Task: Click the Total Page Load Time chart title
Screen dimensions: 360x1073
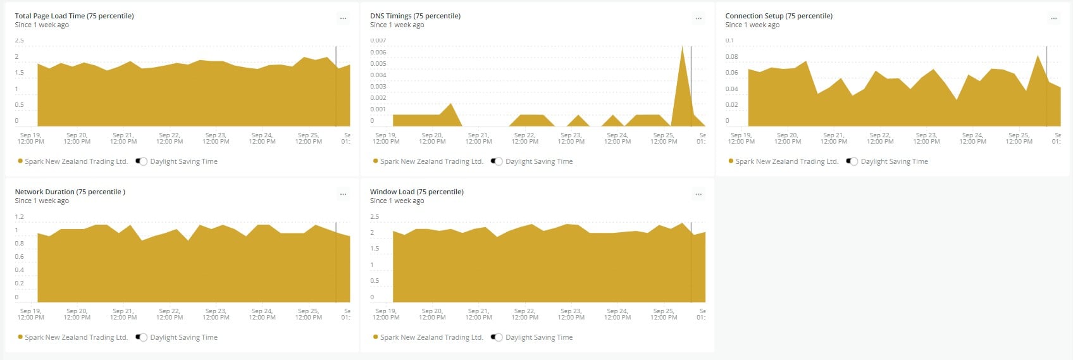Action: (74, 16)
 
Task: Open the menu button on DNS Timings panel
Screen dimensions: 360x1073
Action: (698, 18)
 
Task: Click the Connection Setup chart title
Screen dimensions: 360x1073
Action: (778, 16)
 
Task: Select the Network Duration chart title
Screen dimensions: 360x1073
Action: (70, 192)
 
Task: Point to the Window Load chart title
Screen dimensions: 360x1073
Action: (416, 192)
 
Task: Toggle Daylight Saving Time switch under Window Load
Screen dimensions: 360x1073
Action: (497, 337)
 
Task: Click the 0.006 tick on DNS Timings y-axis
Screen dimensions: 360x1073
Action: (378, 53)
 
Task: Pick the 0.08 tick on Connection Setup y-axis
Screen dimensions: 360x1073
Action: (731, 57)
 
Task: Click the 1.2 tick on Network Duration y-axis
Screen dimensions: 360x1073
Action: (20, 217)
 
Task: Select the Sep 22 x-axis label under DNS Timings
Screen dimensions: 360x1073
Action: (524, 138)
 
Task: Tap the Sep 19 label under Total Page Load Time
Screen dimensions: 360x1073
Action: (30, 138)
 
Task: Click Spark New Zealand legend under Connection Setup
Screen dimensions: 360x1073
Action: (786, 161)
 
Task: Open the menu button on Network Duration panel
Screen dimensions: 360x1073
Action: (343, 194)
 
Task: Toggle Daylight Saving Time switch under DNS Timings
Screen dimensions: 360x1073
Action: (497, 161)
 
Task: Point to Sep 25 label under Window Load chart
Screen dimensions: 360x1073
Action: (664, 314)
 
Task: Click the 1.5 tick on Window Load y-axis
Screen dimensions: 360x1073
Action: (375, 249)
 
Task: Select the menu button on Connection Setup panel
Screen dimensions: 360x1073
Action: (1053, 18)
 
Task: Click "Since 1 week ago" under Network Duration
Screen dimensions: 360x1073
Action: (42, 201)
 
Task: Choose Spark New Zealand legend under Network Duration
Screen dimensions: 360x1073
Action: (76, 337)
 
